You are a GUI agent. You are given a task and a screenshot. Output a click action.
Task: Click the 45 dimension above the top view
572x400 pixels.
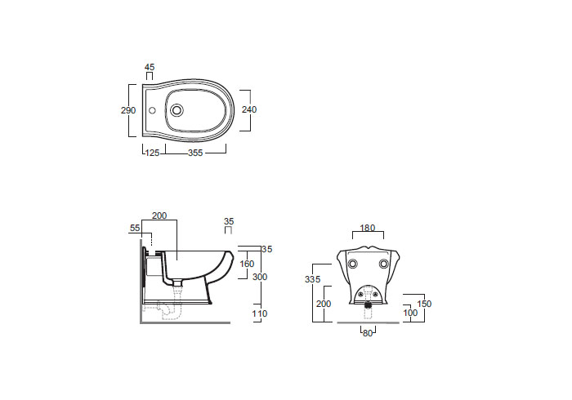pyautogui.click(x=150, y=67)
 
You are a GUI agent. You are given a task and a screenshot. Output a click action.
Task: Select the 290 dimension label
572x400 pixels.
pyautogui.click(x=128, y=110)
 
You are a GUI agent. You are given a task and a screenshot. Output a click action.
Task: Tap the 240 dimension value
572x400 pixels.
pyautogui.click(x=249, y=109)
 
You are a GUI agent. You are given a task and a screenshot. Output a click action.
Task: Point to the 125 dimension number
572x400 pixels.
pyautogui.click(x=153, y=153)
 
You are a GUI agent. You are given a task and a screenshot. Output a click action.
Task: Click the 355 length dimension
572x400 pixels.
pyautogui.click(x=195, y=153)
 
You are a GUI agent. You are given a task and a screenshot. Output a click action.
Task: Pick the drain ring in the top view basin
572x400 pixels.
pyautogui.click(x=177, y=110)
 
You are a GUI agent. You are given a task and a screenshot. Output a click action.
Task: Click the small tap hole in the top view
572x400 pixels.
pyautogui.click(x=153, y=110)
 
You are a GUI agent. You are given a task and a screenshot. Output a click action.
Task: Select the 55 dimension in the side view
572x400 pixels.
pyautogui.click(x=135, y=228)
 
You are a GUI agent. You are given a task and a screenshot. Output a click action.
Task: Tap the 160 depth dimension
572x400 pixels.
pyautogui.click(x=247, y=264)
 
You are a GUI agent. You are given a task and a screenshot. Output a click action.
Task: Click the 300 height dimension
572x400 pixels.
pyautogui.click(x=260, y=277)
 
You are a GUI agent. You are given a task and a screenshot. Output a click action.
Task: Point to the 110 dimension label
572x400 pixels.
pyautogui.click(x=260, y=313)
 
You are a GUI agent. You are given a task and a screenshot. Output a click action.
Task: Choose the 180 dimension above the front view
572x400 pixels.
pyautogui.click(x=368, y=228)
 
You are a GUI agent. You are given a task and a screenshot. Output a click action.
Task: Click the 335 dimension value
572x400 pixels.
pyautogui.click(x=313, y=279)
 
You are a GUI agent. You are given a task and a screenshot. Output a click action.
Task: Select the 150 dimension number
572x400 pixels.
pyautogui.click(x=424, y=304)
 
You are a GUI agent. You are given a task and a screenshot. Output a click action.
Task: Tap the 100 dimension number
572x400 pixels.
pyautogui.click(x=410, y=313)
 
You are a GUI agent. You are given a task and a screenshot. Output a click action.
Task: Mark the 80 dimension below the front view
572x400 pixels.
pyautogui.click(x=368, y=333)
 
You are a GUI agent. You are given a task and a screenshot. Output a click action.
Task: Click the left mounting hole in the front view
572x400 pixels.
pyautogui.click(x=353, y=264)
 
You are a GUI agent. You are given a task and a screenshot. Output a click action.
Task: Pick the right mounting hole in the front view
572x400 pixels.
pyautogui.click(x=383, y=264)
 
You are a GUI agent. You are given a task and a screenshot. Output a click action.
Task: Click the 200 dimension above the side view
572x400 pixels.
pyautogui.click(x=159, y=216)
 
